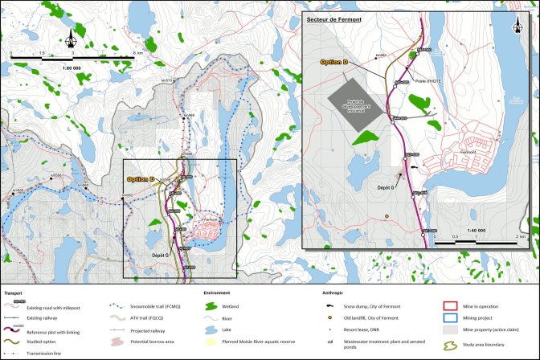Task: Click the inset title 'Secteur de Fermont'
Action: click(329, 18)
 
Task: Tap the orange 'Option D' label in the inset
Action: click(333, 61)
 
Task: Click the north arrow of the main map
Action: click(72, 38)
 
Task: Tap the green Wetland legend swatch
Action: click(212, 305)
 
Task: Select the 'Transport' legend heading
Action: click(14, 294)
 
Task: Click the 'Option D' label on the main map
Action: click(139, 179)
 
